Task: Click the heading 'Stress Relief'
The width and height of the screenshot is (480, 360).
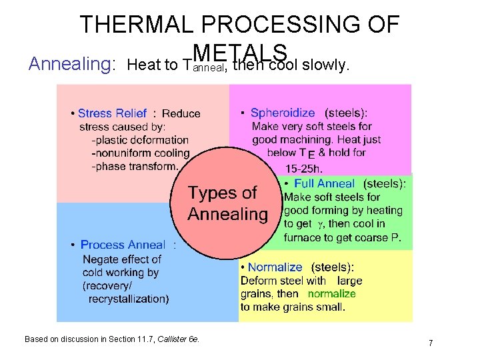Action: coord(112,113)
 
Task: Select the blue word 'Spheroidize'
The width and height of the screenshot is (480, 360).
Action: coord(282,113)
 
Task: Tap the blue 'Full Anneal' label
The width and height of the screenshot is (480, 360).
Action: coord(324,183)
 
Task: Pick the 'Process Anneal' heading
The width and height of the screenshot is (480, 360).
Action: coord(122,245)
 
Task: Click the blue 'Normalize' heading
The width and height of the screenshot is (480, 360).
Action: coord(275,267)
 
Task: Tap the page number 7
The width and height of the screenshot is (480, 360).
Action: coord(431,343)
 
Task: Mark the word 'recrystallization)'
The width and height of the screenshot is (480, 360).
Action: coord(129,299)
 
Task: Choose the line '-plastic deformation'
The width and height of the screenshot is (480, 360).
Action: coord(139,140)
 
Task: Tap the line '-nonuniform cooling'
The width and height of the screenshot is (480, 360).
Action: coord(140,153)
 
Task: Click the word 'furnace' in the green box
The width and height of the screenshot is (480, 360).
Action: coord(302,237)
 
